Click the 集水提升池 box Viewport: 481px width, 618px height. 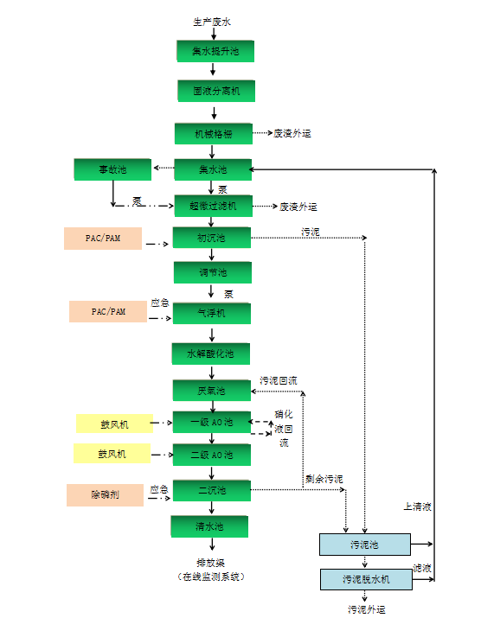point(212,51)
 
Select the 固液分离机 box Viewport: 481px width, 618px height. point(212,91)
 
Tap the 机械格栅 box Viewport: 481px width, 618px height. point(212,133)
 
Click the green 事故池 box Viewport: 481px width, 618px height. point(112,169)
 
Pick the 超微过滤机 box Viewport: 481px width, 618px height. point(212,205)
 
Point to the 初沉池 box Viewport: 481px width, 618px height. point(212,238)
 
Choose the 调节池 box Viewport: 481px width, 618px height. point(212,273)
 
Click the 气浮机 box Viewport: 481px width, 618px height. point(212,313)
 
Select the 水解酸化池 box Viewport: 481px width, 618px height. point(212,354)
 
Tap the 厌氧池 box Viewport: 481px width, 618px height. point(212,391)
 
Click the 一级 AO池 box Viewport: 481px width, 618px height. point(212,423)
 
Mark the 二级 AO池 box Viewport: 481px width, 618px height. point(212,455)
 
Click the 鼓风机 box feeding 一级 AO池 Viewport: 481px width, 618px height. point(113,424)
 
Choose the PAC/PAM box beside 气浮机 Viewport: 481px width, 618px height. point(108,311)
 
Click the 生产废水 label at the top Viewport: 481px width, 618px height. point(212,20)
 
